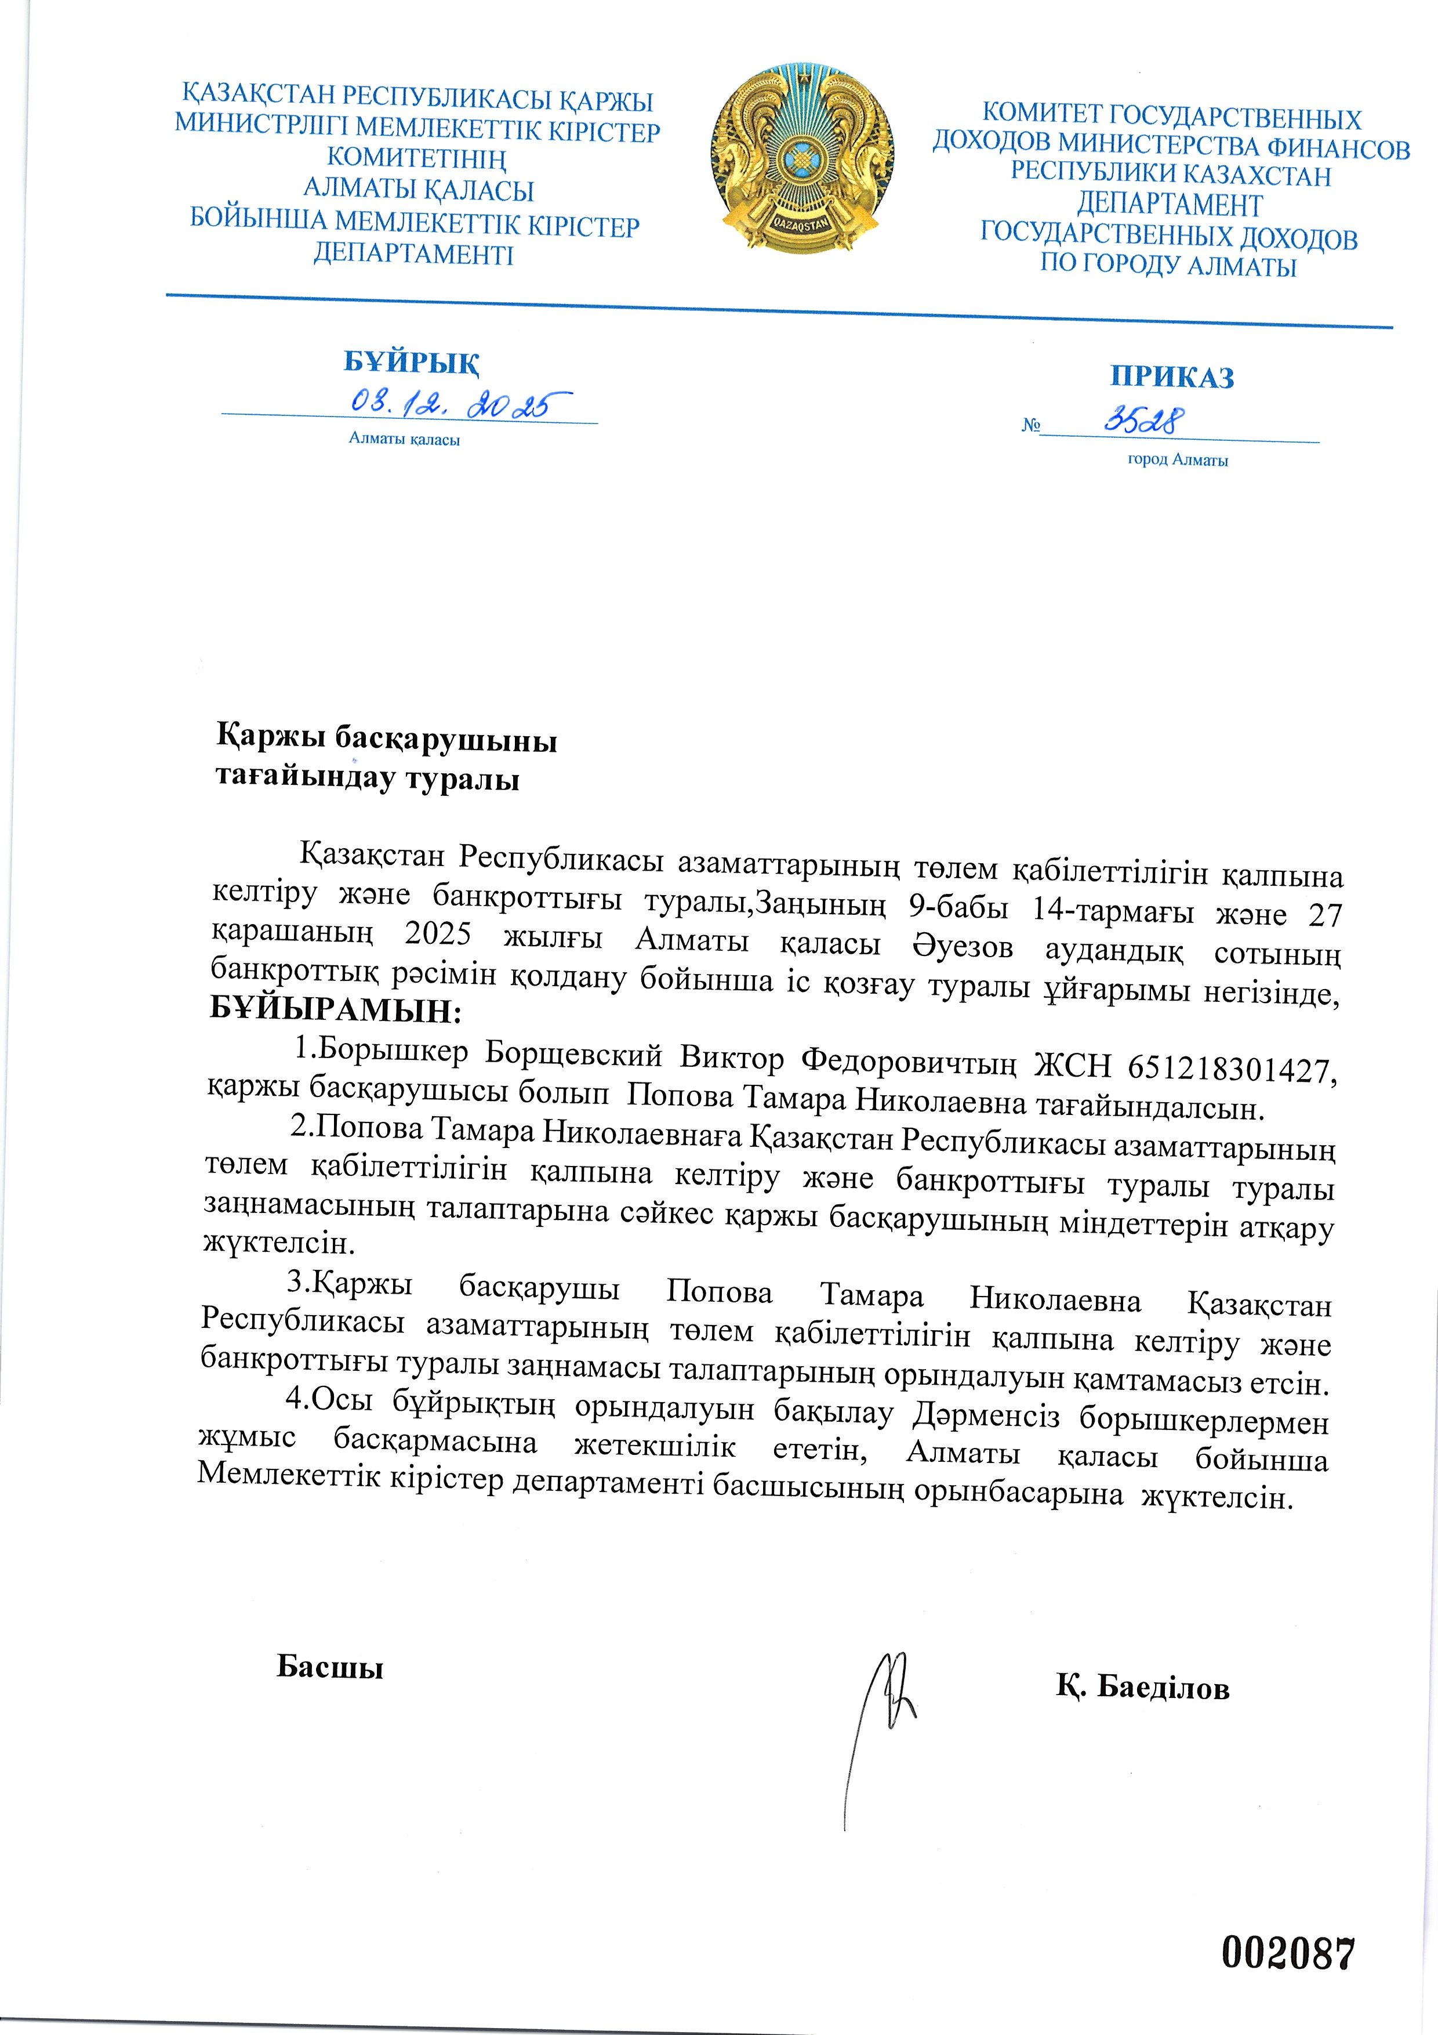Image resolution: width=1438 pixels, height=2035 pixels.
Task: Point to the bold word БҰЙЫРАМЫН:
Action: coord(337,1009)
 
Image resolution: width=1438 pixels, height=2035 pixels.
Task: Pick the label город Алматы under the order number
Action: coord(1178,460)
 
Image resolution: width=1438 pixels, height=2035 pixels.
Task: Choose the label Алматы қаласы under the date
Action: coord(404,439)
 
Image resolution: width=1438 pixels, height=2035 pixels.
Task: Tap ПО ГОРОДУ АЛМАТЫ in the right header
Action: coord(1168,265)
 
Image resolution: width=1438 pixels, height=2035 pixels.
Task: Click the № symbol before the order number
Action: coord(1030,425)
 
